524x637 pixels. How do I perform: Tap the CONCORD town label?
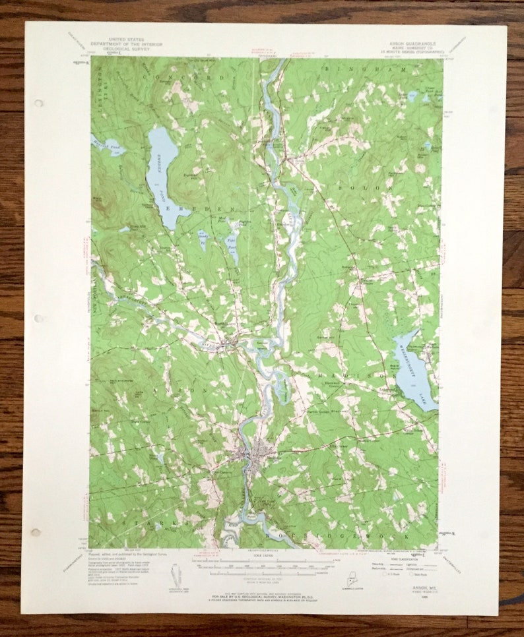(x=198, y=78)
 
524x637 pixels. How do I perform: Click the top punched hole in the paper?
(x=38, y=103)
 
